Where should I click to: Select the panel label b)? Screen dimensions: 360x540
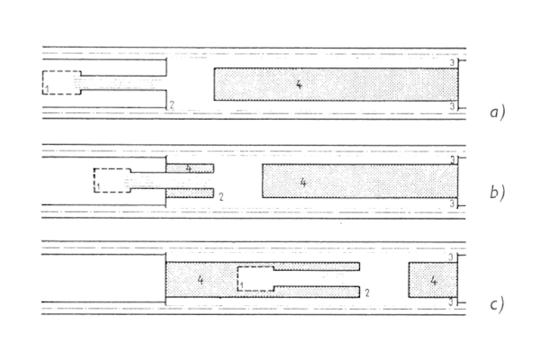[x=496, y=192]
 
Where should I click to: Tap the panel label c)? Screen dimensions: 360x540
[x=495, y=302]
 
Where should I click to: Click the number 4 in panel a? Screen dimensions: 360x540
[x=299, y=84]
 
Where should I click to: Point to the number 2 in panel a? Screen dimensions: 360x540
[x=171, y=106]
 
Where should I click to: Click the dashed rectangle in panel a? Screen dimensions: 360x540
[x=61, y=83]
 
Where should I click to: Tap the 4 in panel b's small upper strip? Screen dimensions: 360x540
[x=188, y=167]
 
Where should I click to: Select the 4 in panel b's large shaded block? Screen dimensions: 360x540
[x=303, y=183]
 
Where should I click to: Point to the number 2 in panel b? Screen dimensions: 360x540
[x=220, y=194]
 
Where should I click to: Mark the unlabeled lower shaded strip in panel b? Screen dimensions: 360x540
[x=189, y=193]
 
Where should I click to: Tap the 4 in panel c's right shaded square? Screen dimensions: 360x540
[x=433, y=281]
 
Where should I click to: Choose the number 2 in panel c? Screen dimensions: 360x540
[x=367, y=293]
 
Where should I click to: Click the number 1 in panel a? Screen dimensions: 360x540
[x=46, y=88]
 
